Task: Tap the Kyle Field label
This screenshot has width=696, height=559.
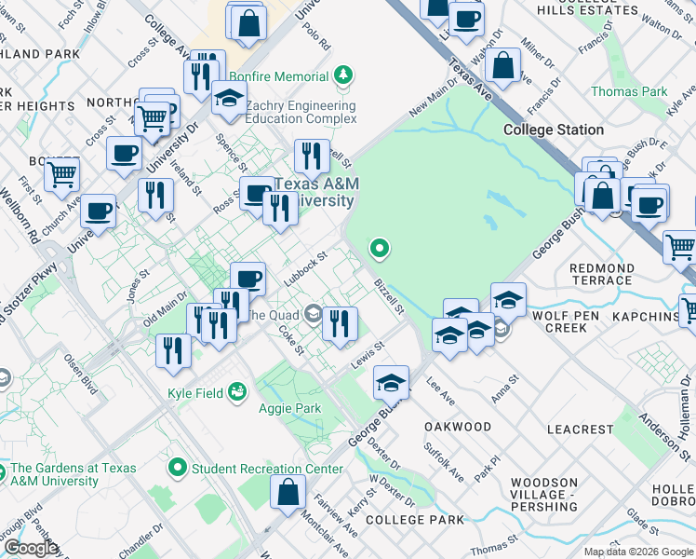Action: click(x=195, y=393)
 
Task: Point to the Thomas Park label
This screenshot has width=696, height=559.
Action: click(x=629, y=91)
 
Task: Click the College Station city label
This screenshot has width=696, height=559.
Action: click(x=554, y=130)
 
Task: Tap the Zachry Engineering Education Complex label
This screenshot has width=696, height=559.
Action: click(x=301, y=113)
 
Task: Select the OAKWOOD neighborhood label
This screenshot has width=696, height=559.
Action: click(x=457, y=427)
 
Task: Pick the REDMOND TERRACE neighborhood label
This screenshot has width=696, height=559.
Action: click(x=601, y=274)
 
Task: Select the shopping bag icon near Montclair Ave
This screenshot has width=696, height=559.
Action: click(x=288, y=491)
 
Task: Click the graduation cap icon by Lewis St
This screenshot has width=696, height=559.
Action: click(x=392, y=382)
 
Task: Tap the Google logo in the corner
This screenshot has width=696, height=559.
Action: click(x=31, y=548)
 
